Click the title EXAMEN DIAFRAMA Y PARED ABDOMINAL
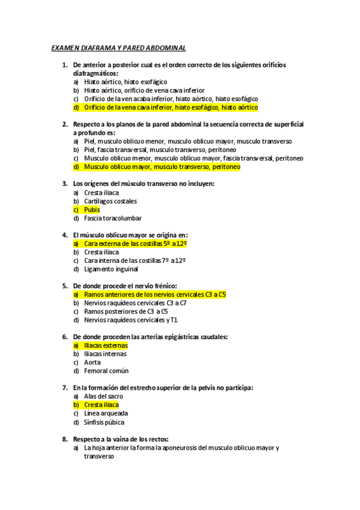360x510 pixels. pyautogui.click(x=119, y=47)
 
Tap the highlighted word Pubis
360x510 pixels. pyautogui.click(x=92, y=210)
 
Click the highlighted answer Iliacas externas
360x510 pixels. pyautogui.click(x=106, y=345)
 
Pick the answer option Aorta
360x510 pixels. pyautogui.click(x=93, y=362)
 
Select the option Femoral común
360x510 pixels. pyautogui.click(x=106, y=371)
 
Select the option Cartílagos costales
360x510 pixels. pyautogui.click(x=111, y=201)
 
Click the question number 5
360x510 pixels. pyautogui.click(x=64, y=286)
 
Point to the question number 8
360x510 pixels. pyautogui.click(x=64, y=439)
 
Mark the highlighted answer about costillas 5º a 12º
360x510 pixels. pyautogui.click(x=135, y=244)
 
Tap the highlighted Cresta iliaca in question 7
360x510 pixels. pyautogui.click(x=102, y=405)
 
